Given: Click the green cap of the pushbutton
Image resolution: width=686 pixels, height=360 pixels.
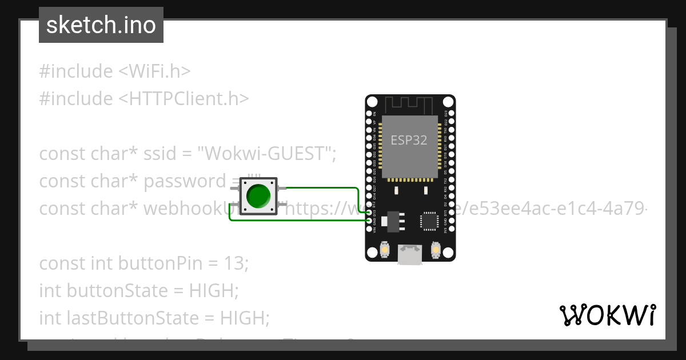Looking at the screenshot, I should [258, 197].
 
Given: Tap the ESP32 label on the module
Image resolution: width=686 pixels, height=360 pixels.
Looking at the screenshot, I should [409, 140].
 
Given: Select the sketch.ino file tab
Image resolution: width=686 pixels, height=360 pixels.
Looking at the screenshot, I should [101, 25].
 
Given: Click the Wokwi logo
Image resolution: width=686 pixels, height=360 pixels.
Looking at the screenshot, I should [607, 315].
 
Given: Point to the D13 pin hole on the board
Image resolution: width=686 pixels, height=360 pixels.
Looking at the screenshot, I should [369, 213].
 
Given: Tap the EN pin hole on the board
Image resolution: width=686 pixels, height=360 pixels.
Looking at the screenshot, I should [369, 114].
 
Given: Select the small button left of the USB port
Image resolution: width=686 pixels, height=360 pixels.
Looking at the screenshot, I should [385, 250].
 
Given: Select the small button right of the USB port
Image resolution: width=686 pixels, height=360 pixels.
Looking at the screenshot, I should [436, 250].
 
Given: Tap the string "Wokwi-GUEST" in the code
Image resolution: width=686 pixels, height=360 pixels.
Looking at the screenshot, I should [265, 154].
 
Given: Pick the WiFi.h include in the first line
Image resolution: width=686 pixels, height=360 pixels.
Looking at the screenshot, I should [154, 71].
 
